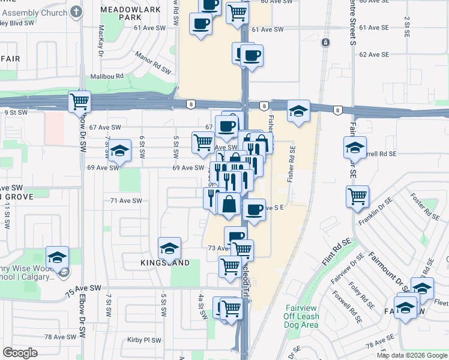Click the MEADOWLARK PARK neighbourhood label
coord(121,14)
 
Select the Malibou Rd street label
coord(106,76)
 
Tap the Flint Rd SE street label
coord(336,251)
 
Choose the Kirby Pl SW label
coord(144,340)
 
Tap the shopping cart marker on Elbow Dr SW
coord(80,102)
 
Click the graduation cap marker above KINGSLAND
coord(169,247)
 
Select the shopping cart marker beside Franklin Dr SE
coord(357,196)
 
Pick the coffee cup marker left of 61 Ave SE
coord(200,24)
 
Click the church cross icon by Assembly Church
coord(76,11)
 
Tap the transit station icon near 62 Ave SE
coord(325,43)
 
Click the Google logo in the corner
coord(20,353)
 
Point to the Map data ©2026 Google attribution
coord(412,355)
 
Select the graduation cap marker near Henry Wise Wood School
coord(57,257)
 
